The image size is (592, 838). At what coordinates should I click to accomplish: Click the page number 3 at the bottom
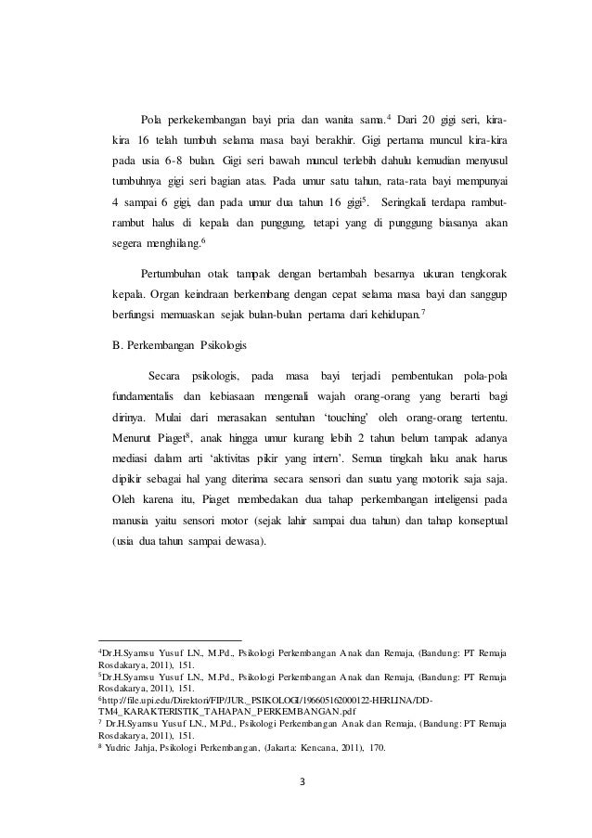pyautogui.click(x=296, y=792)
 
